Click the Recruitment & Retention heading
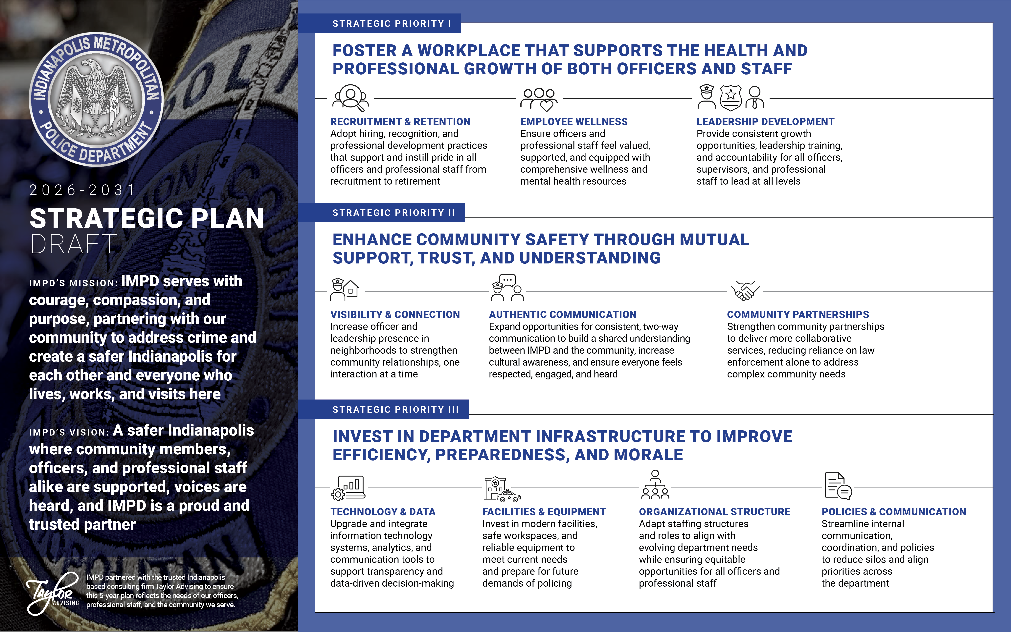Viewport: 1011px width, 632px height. tap(400, 122)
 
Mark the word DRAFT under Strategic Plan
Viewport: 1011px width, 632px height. tap(74, 244)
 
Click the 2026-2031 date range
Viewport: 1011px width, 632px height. tap(82, 190)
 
